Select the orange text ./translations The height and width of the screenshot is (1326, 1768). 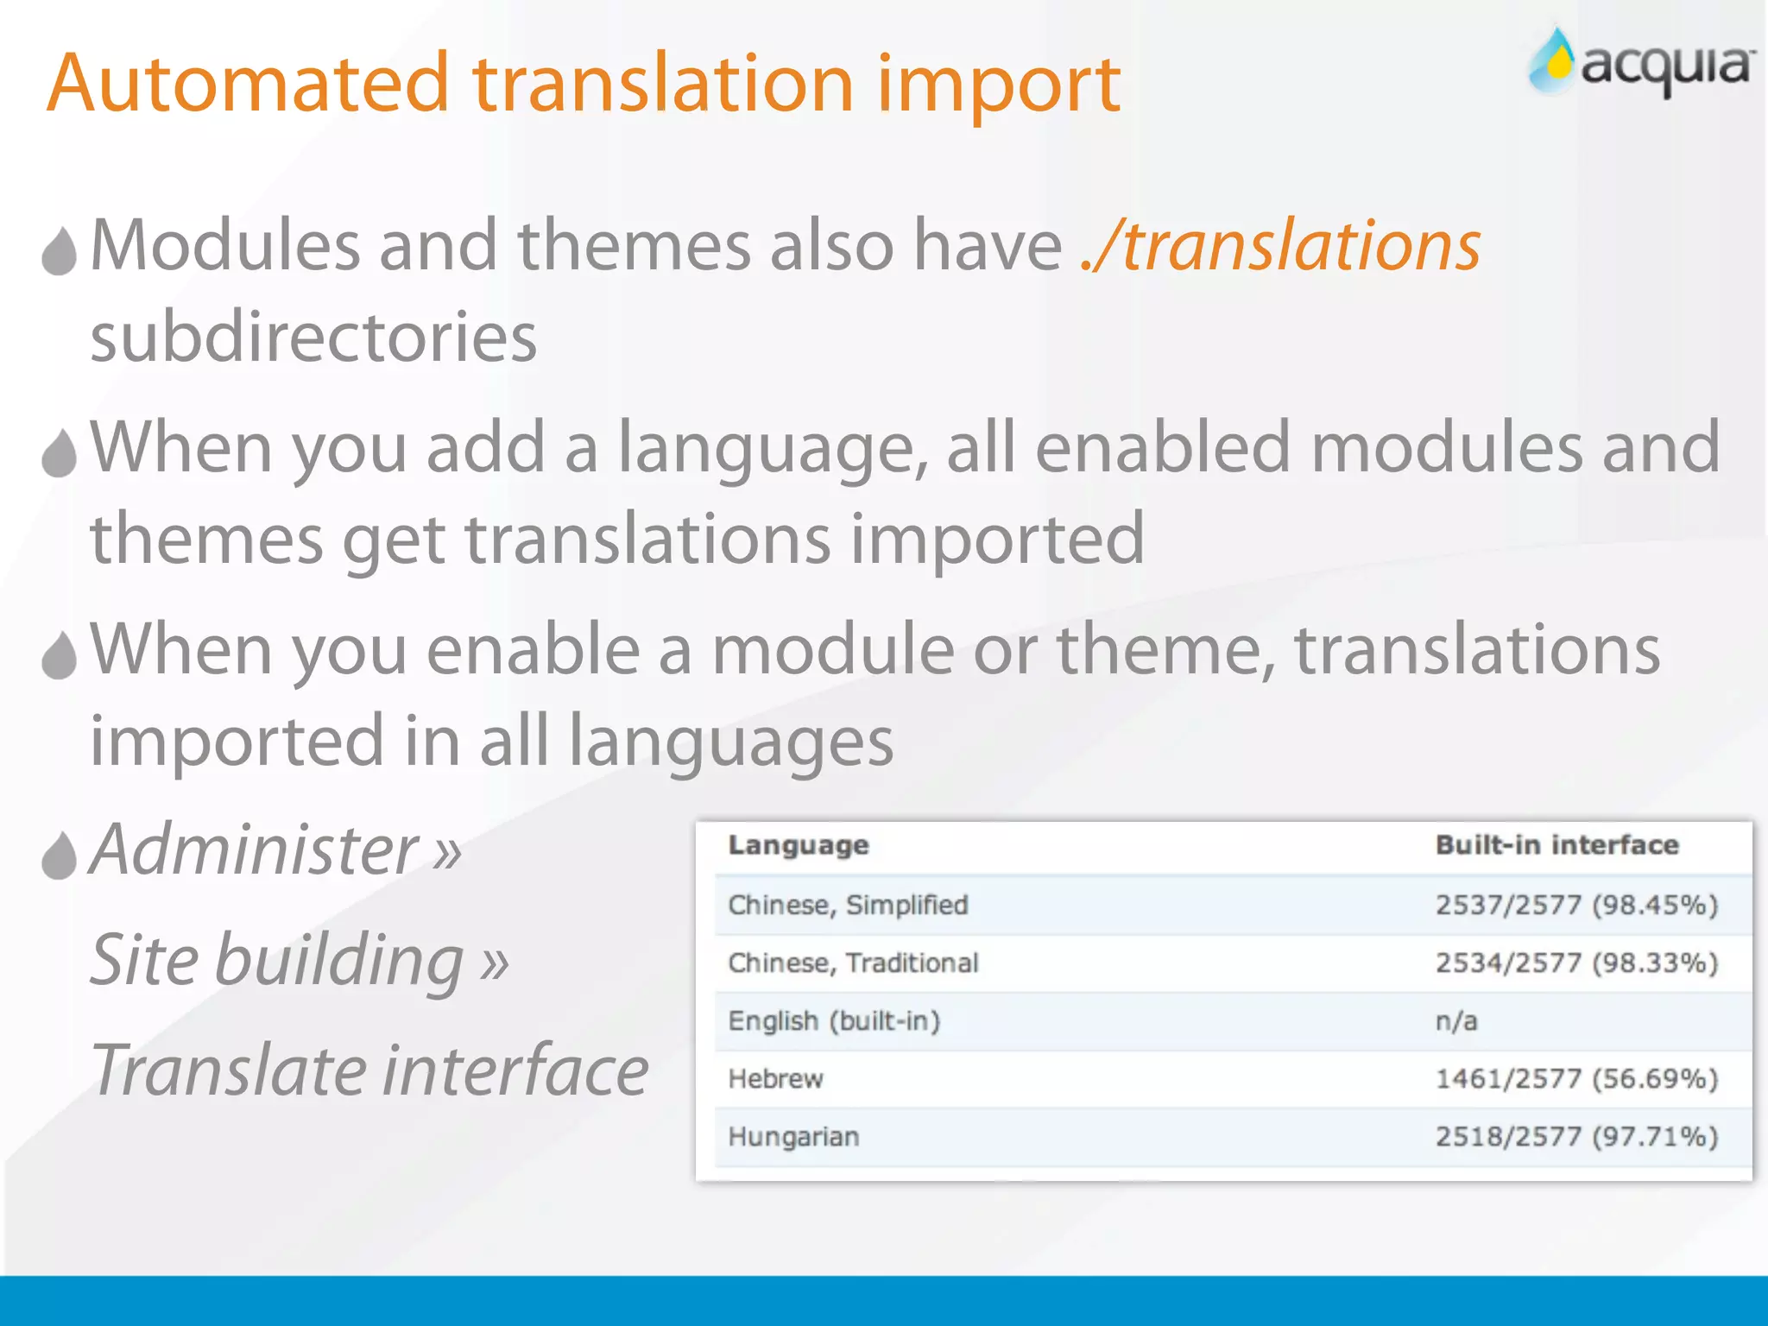click(x=1281, y=246)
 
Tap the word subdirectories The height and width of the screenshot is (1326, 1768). click(x=313, y=337)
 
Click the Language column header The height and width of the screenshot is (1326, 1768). click(x=798, y=845)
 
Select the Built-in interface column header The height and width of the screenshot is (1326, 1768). click(x=1556, y=845)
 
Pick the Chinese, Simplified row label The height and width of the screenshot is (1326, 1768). click(x=848, y=905)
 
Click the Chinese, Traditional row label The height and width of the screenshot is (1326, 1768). click(x=853, y=963)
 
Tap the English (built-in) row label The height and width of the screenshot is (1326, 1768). click(x=834, y=1021)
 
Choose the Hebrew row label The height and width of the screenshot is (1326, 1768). click(x=775, y=1079)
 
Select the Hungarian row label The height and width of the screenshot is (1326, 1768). click(x=793, y=1137)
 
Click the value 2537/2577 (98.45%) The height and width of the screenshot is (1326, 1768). click(x=1576, y=905)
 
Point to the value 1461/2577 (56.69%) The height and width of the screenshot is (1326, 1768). click(x=1576, y=1079)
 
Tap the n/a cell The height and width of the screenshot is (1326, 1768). click(x=1456, y=1021)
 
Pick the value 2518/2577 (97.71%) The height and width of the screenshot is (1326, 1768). click(x=1576, y=1137)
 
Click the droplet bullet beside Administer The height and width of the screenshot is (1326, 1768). click(x=59, y=856)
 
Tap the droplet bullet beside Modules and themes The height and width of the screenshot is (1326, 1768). click(x=59, y=252)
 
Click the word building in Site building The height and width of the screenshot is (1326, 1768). click(x=338, y=960)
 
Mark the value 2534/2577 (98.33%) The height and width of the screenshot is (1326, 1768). click(x=1576, y=963)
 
